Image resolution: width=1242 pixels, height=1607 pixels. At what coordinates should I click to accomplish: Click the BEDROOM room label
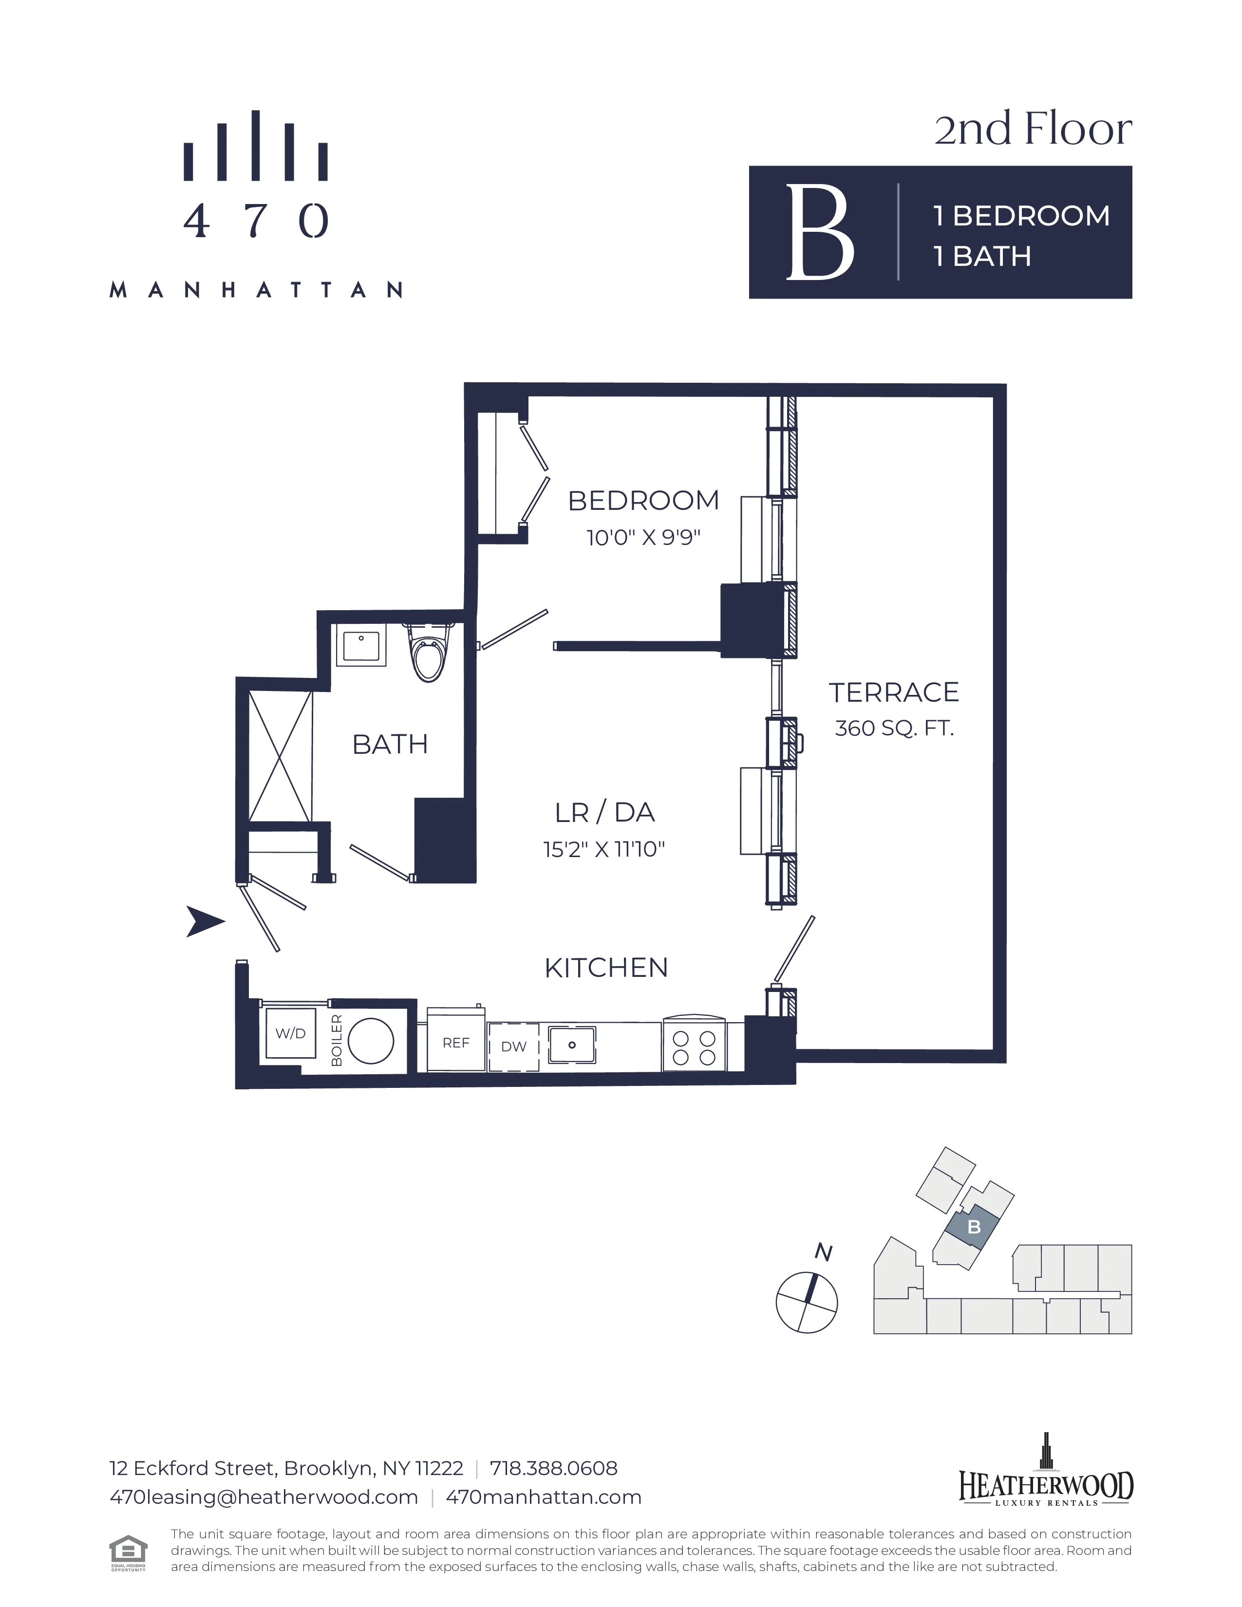point(643,501)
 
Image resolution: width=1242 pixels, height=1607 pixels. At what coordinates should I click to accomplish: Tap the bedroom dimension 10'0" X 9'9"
point(643,538)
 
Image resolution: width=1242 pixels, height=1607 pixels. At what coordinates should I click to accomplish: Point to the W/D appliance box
point(291,1033)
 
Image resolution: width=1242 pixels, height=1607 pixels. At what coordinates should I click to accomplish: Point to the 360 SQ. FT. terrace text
point(894,729)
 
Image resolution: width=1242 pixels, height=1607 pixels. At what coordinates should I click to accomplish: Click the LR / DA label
point(604,812)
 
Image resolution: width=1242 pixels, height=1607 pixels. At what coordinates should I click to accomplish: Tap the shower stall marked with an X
point(281,756)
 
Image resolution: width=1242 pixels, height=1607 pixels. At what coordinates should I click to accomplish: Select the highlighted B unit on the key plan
point(974,1227)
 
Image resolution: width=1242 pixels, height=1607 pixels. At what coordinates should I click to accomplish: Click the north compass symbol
point(807,1302)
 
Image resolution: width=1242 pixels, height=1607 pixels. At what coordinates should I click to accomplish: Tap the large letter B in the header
point(820,232)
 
